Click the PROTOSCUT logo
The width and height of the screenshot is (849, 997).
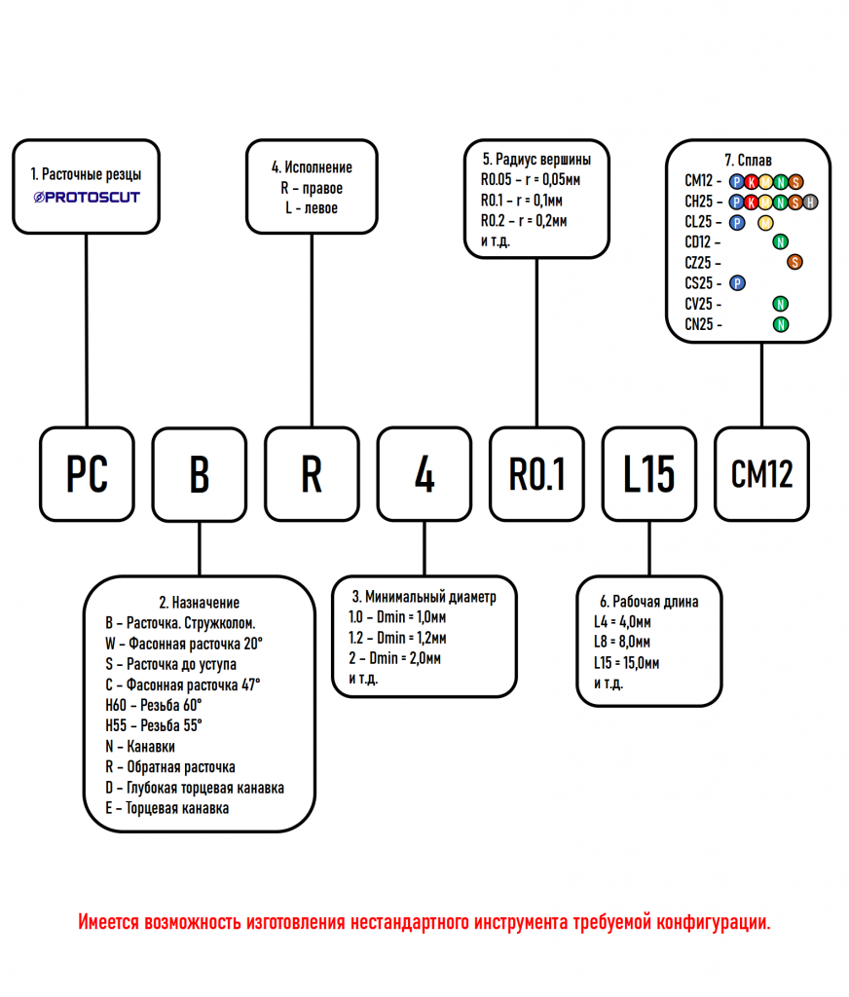[87, 197]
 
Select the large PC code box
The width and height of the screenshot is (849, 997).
[87, 473]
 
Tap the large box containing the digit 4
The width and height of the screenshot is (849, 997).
[424, 473]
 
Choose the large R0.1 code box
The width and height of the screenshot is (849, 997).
[536, 473]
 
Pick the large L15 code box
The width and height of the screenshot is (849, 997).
[649, 473]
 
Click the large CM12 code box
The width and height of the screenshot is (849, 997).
[761, 473]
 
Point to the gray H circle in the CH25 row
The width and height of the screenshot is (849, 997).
[810, 202]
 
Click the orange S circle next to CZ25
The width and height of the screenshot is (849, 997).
[794, 262]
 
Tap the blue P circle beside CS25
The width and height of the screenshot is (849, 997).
[737, 283]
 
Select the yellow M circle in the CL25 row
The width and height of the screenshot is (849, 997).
[765, 222]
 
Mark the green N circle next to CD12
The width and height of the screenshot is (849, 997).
[780, 242]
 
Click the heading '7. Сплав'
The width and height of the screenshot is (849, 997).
[748, 159]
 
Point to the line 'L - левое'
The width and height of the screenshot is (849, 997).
[312, 207]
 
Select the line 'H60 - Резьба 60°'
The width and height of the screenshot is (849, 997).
[154, 705]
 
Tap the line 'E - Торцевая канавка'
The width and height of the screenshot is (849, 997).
[167, 808]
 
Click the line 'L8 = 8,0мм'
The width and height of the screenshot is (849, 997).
[622, 642]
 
